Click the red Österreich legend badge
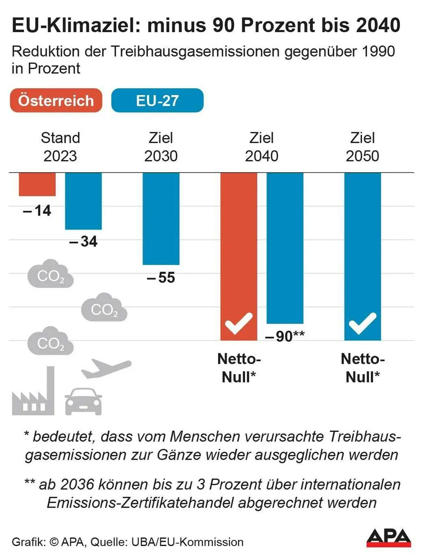tap(56, 100)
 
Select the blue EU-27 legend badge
tap(157, 100)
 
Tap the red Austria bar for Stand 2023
tap(37, 184)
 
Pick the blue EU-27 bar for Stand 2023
tap(83, 201)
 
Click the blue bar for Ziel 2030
tap(161, 219)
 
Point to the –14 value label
tap(37, 210)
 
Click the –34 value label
tap(83, 241)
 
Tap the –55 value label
tap(161, 278)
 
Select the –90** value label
tap(285, 336)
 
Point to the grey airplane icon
tap(106, 368)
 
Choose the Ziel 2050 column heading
tap(362, 147)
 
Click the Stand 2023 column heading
tap(60, 147)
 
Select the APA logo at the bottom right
tap(388, 538)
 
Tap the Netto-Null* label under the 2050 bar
tap(362, 368)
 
